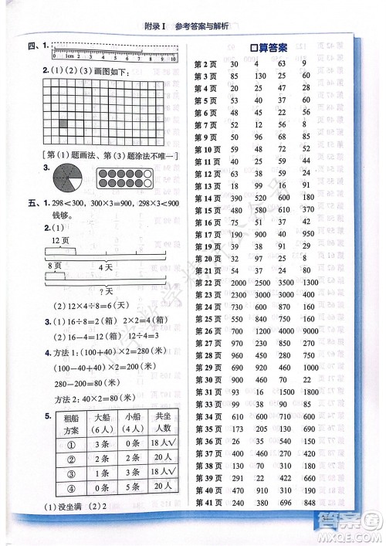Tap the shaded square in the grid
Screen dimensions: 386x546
(63, 124)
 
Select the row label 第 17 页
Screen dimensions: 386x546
(205, 233)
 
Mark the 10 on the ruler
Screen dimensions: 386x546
(175, 57)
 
